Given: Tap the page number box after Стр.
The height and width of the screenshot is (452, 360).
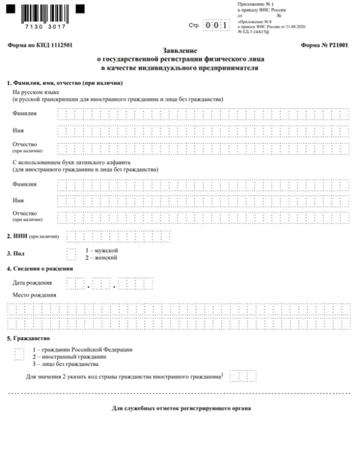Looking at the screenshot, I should [x=217, y=24].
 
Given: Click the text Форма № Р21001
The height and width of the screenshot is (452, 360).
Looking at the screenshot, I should [x=327, y=46].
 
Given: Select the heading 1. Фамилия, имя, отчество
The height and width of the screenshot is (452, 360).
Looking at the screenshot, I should [x=63, y=83].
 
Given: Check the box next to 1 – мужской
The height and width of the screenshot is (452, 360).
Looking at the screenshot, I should [x=71, y=254].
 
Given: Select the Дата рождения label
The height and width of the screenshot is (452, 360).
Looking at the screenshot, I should [x=33, y=283].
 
